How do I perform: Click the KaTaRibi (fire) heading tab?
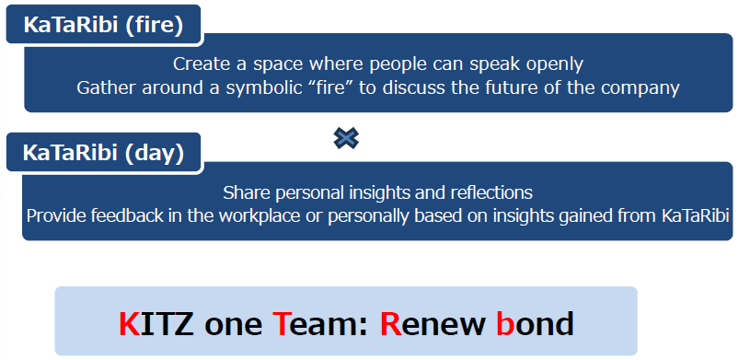point(104,25)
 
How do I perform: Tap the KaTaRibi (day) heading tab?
point(104,153)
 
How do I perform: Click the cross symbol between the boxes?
point(346,138)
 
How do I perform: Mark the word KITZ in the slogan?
point(156,325)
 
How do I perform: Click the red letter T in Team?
point(282,325)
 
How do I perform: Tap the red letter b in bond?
point(504,324)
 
